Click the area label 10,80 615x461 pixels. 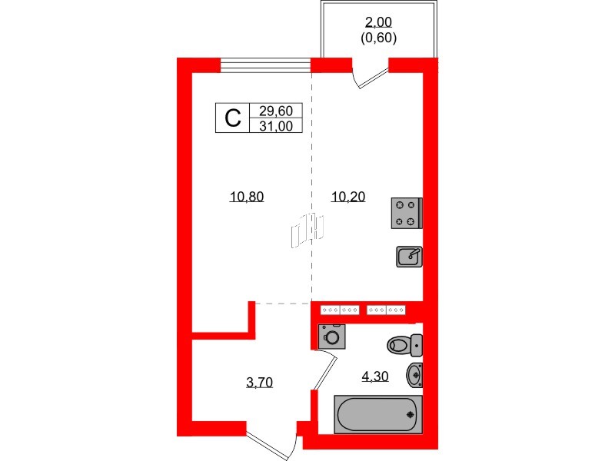[x=246, y=197]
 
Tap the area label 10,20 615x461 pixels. [x=347, y=197]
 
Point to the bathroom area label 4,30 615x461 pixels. [x=375, y=376]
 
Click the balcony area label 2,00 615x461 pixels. [x=378, y=23]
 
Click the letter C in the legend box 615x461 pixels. [x=232, y=118]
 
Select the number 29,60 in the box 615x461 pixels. [x=275, y=111]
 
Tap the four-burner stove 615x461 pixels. [x=407, y=213]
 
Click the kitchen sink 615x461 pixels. [x=408, y=256]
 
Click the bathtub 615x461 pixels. [x=377, y=415]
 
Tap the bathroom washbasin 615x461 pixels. [x=415, y=375]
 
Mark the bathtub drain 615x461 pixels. [x=410, y=416]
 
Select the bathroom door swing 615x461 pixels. [x=325, y=371]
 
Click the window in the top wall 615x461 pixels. [x=265, y=65]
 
